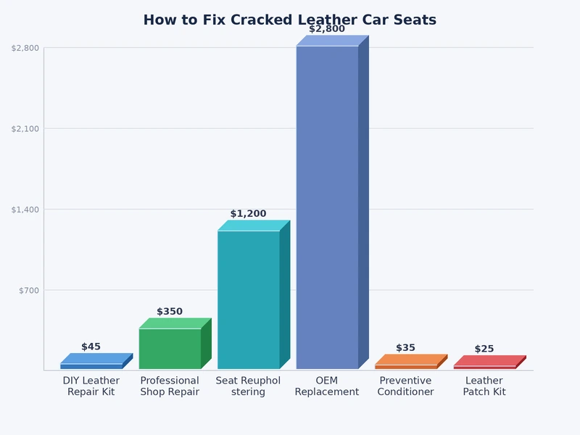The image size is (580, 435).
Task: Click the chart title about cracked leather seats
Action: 290,20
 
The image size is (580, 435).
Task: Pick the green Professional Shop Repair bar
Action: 170,349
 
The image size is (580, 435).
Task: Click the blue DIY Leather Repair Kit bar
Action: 91,366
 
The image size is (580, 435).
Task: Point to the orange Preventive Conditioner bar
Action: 406,367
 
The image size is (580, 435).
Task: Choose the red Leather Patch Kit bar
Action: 484,367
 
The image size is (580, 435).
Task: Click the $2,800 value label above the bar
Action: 327,29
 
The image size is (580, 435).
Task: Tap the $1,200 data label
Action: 249,214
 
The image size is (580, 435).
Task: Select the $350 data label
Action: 170,312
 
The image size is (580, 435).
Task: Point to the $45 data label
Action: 91,347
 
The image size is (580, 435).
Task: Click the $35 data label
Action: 406,348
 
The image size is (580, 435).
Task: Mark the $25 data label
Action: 484,349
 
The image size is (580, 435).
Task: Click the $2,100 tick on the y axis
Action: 25,128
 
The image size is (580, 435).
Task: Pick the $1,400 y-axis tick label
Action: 25,210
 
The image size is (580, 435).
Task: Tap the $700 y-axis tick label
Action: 28,290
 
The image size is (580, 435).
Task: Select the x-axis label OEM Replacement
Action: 327,386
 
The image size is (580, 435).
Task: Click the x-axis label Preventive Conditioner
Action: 406,386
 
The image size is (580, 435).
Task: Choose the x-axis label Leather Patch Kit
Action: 484,386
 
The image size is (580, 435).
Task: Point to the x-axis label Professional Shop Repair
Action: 170,386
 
